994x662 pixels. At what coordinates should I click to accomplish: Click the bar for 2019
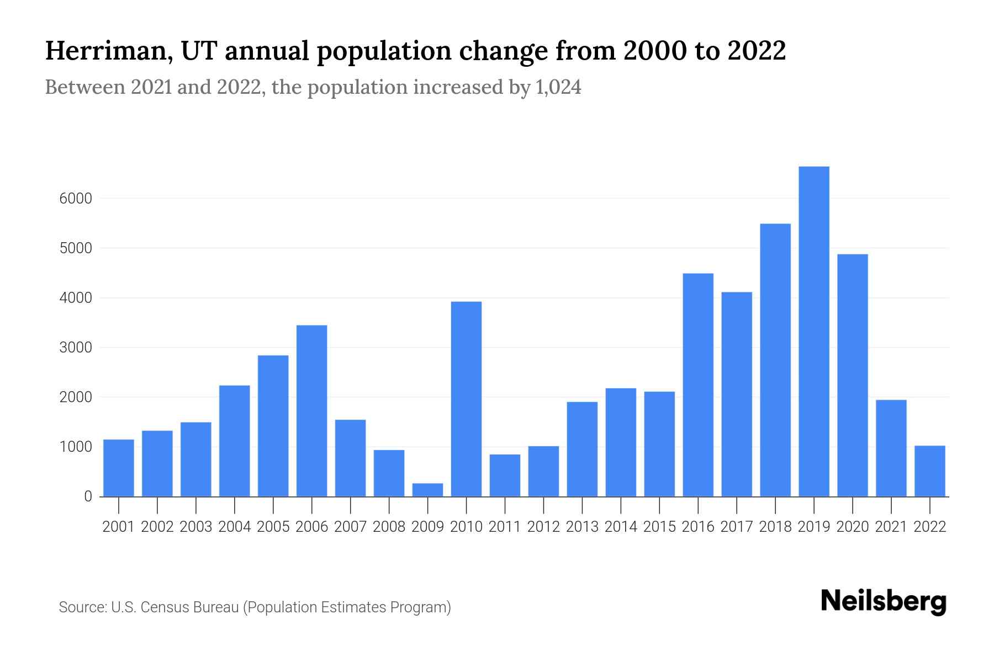click(x=814, y=331)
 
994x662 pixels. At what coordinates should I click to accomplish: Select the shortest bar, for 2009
click(x=427, y=490)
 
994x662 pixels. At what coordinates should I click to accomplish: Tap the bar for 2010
click(x=466, y=399)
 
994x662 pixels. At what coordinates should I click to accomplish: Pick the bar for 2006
click(x=311, y=411)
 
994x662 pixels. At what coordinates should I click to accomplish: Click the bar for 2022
click(x=930, y=471)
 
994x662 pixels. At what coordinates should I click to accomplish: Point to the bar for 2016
click(x=698, y=385)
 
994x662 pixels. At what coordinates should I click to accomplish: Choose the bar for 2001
click(x=119, y=468)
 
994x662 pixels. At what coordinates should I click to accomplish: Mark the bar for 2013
click(x=582, y=449)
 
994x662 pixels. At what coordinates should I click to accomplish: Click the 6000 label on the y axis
click(x=76, y=199)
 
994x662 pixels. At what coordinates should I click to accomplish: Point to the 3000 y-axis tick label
click(x=76, y=348)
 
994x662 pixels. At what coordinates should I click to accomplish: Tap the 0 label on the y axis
click(x=88, y=496)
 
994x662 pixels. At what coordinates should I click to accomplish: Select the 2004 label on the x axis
click(x=235, y=527)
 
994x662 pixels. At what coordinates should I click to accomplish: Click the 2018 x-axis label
click(x=775, y=527)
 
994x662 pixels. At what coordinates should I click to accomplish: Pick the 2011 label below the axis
click(x=505, y=527)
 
